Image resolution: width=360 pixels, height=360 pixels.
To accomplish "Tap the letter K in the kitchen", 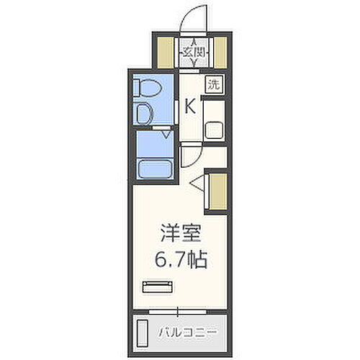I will point(190,107).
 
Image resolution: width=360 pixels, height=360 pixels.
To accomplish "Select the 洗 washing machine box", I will point(215,84).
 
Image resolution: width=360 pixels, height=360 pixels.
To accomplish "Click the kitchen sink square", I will point(215,130).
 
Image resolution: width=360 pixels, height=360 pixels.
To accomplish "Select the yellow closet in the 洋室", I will point(217,192).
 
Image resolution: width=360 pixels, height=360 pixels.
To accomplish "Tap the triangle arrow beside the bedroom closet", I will point(198,185).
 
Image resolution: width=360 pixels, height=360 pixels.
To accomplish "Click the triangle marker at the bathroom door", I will point(166,134).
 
